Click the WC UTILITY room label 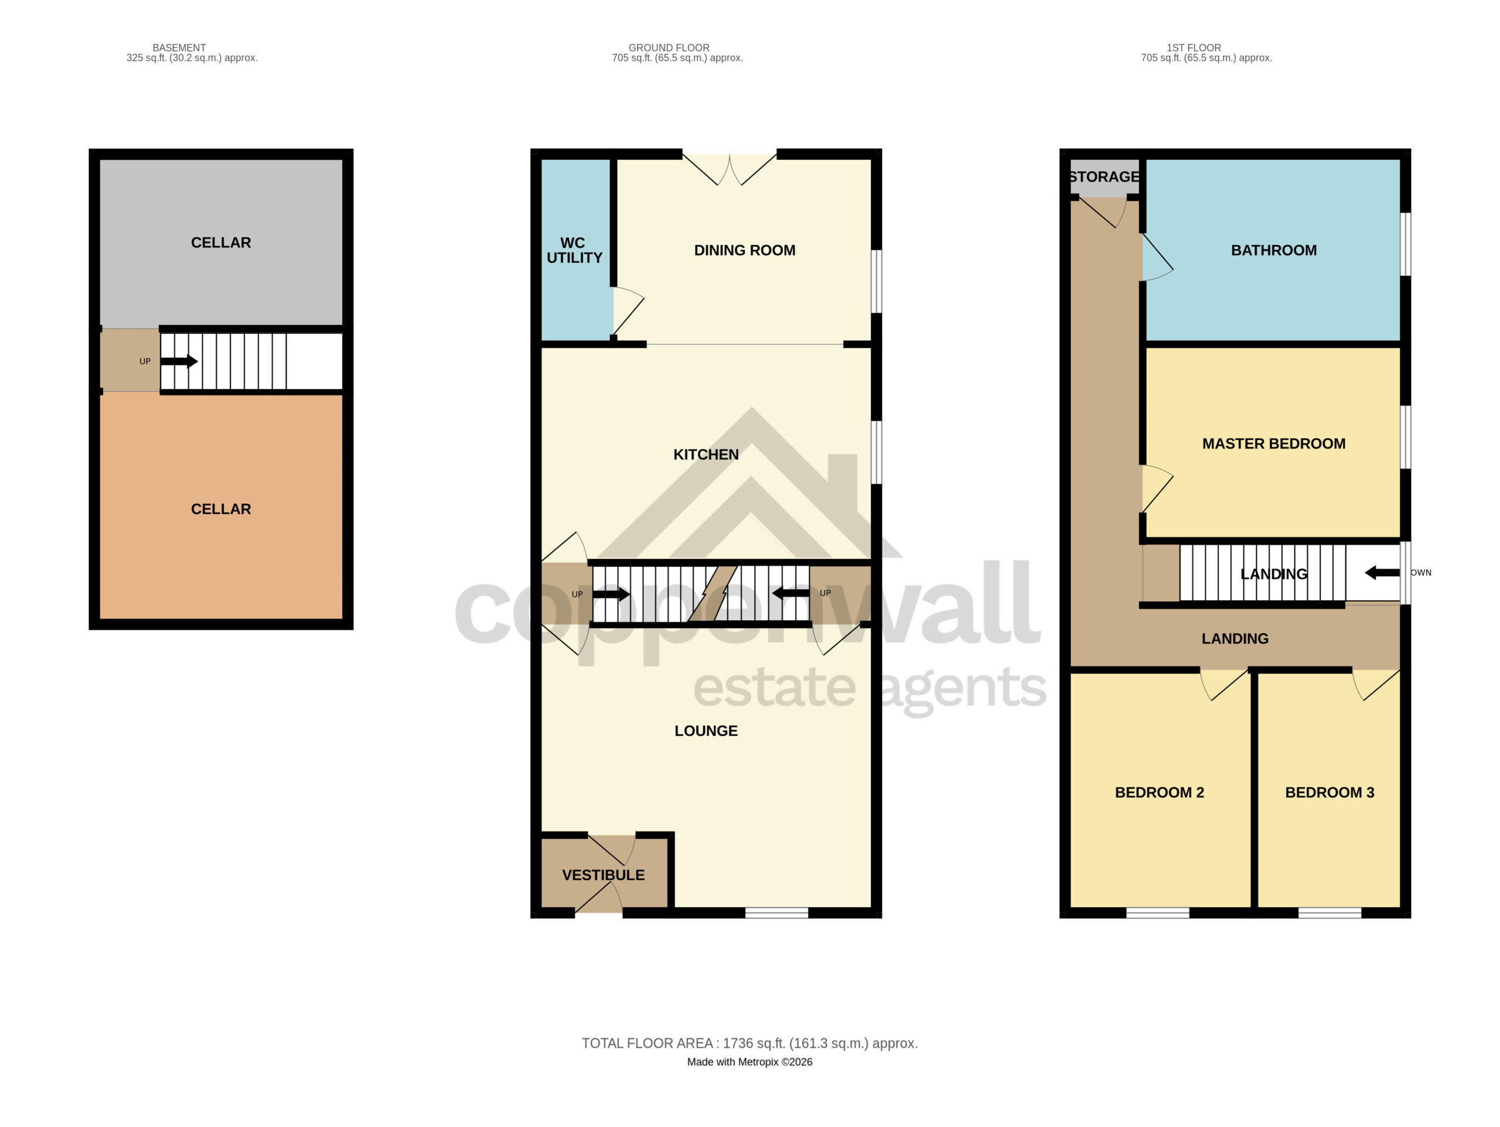(574, 250)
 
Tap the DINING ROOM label (745, 250)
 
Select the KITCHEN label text (706, 455)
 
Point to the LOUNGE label (706, 731)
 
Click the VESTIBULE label (604, 875)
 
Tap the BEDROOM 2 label (1160, 792)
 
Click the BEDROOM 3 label (1330, 792)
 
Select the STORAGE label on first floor (1104, 177)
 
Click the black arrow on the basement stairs (180, 361)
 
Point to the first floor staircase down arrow (1382, 573)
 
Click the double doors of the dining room (729, 169)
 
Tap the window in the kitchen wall (876, 452)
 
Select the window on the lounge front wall (776, 913)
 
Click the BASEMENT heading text (179, 47)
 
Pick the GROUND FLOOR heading (669, 47)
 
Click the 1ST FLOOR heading (1194, 47)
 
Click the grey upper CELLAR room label (221, 243)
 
